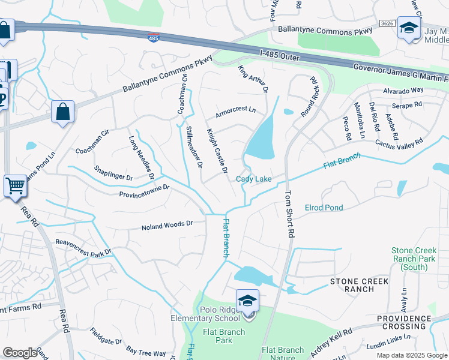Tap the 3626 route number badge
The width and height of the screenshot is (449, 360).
pos(387,23)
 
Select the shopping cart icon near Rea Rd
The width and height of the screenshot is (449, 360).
pos(15,185)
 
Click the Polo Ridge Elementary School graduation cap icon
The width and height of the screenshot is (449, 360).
pos(247,301)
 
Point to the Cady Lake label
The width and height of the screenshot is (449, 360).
pos(253,179)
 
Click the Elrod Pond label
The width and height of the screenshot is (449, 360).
pos(324,208)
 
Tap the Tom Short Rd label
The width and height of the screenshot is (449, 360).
pos(290,215)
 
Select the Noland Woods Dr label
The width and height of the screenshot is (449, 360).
pos(166,226)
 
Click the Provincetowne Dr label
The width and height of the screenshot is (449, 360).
pos(145,191)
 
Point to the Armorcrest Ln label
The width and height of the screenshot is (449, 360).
pos(236,110)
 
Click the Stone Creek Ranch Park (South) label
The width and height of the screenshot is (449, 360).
pos(418,258)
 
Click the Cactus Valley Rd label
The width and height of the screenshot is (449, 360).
pos(399,143)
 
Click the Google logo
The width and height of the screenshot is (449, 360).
pos(20,353)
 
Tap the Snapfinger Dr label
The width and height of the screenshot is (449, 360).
pos(113,173)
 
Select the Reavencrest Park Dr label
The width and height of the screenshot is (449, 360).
pos(83,247)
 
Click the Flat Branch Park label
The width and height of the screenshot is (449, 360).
pos(223,336)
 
